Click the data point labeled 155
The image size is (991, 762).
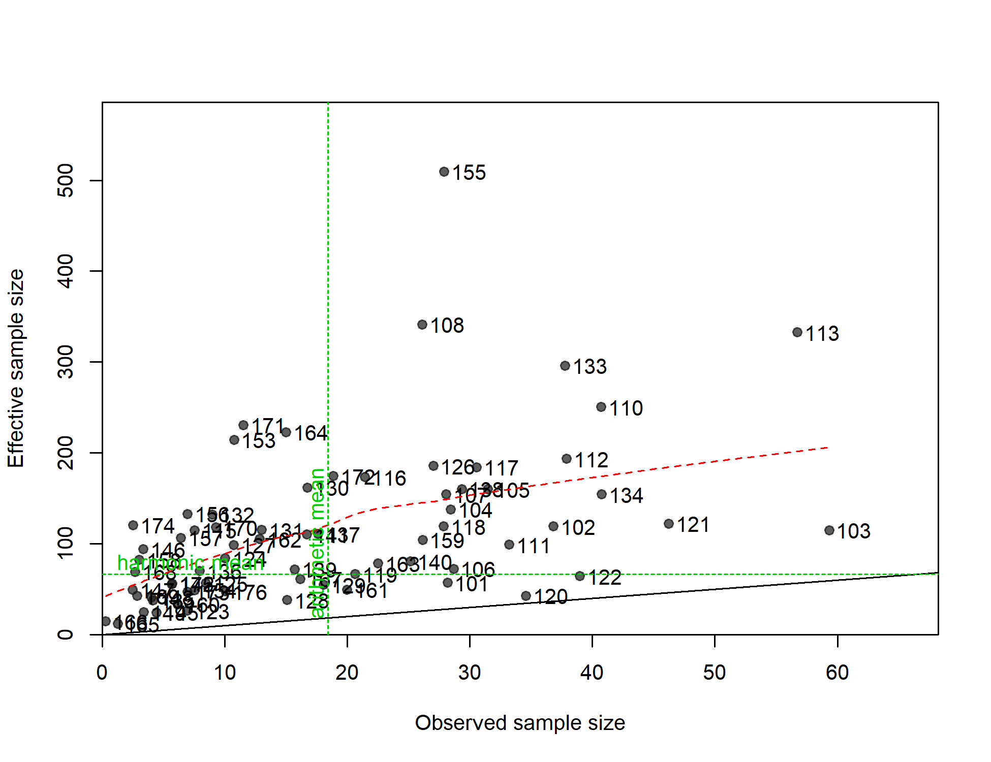tap(444, 172)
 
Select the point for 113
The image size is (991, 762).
tap(797, 332)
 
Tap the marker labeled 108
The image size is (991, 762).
tap(422, 325)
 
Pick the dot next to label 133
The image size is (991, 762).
tap(565, 366)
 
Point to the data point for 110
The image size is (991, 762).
tap(601, 407)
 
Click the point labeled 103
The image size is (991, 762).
tap(829, 530)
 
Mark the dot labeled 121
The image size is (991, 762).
tap(668, 524)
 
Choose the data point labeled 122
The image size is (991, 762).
tap(579, 576)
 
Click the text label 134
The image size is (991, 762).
tap(626, 496)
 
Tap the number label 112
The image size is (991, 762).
tap(592, 460)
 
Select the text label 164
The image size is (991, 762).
tap(311, 433)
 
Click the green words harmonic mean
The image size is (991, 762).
tap(191, 563)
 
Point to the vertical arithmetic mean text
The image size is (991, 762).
tap(317, 543)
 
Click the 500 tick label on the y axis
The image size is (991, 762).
tap(66, 180)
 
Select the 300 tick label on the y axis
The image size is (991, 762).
tap(66, 362)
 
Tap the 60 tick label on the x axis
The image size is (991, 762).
tap(837, 673)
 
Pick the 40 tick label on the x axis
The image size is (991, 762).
tap(592, 673)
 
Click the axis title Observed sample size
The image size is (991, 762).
tap(520, 723)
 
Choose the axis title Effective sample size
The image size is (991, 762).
tap(16, 368)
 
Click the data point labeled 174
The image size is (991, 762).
tap(133, 525)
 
